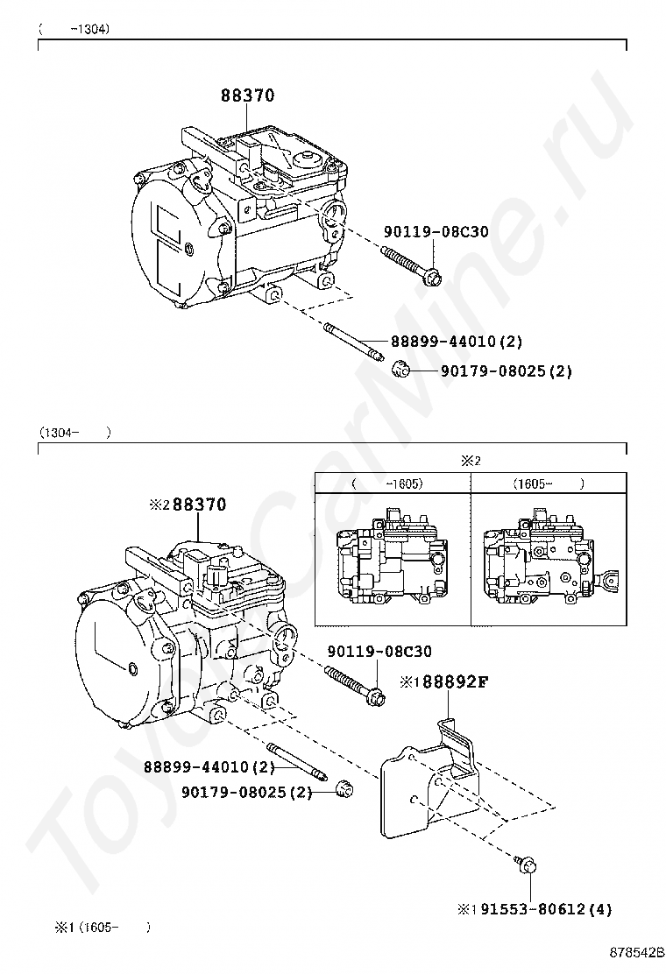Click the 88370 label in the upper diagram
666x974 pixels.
point(246,95)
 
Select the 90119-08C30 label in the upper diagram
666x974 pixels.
point(436,232)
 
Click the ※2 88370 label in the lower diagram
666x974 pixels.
point(188,505)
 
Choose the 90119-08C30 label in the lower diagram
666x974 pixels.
point(379,652)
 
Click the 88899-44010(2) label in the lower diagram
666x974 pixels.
point(210,767)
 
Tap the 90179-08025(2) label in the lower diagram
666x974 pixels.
point(247,793)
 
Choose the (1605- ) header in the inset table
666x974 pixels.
point(548,483)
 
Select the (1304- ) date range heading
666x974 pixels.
point(74,432)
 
